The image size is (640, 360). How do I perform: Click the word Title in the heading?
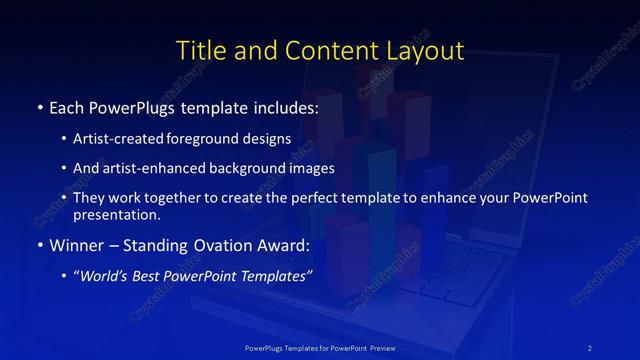[199, 50]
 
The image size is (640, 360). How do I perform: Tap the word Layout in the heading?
[424, 50]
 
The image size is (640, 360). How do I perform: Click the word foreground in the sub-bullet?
[219, 138]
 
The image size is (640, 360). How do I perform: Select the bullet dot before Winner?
[39, 245]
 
